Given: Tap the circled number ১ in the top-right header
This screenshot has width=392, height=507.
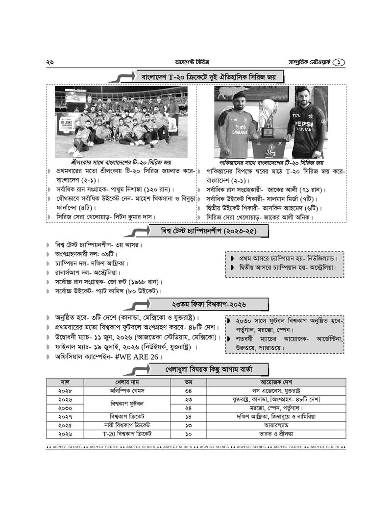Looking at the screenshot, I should click(x=340, y=62).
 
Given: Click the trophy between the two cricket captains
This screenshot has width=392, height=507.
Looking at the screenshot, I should click(x=269, y=120).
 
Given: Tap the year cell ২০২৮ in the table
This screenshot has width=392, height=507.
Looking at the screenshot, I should click(x=65, y=391).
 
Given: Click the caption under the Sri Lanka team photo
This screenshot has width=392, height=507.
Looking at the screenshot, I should click(x=121, y=162).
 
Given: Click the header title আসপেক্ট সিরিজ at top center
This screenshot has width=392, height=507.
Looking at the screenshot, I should click(x=192, y=62).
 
